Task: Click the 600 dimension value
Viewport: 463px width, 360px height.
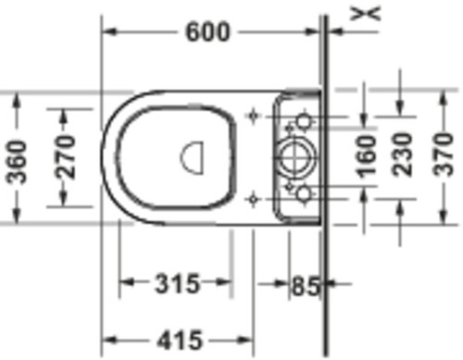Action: pos(207,31)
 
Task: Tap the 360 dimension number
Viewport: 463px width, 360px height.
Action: pos(17,162)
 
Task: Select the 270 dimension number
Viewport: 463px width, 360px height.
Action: pos(66,157)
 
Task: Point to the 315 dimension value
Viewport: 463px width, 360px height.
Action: pos(177,283)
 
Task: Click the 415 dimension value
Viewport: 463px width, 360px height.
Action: pos(180,340)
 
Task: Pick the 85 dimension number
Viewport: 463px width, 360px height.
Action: pos(306,286)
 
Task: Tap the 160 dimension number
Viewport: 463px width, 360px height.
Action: pos(367,156)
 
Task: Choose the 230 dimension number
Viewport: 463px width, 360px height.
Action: pos(402,155)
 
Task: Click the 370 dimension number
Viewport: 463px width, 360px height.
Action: pos(443,154)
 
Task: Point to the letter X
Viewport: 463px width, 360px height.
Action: pos(365,14)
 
